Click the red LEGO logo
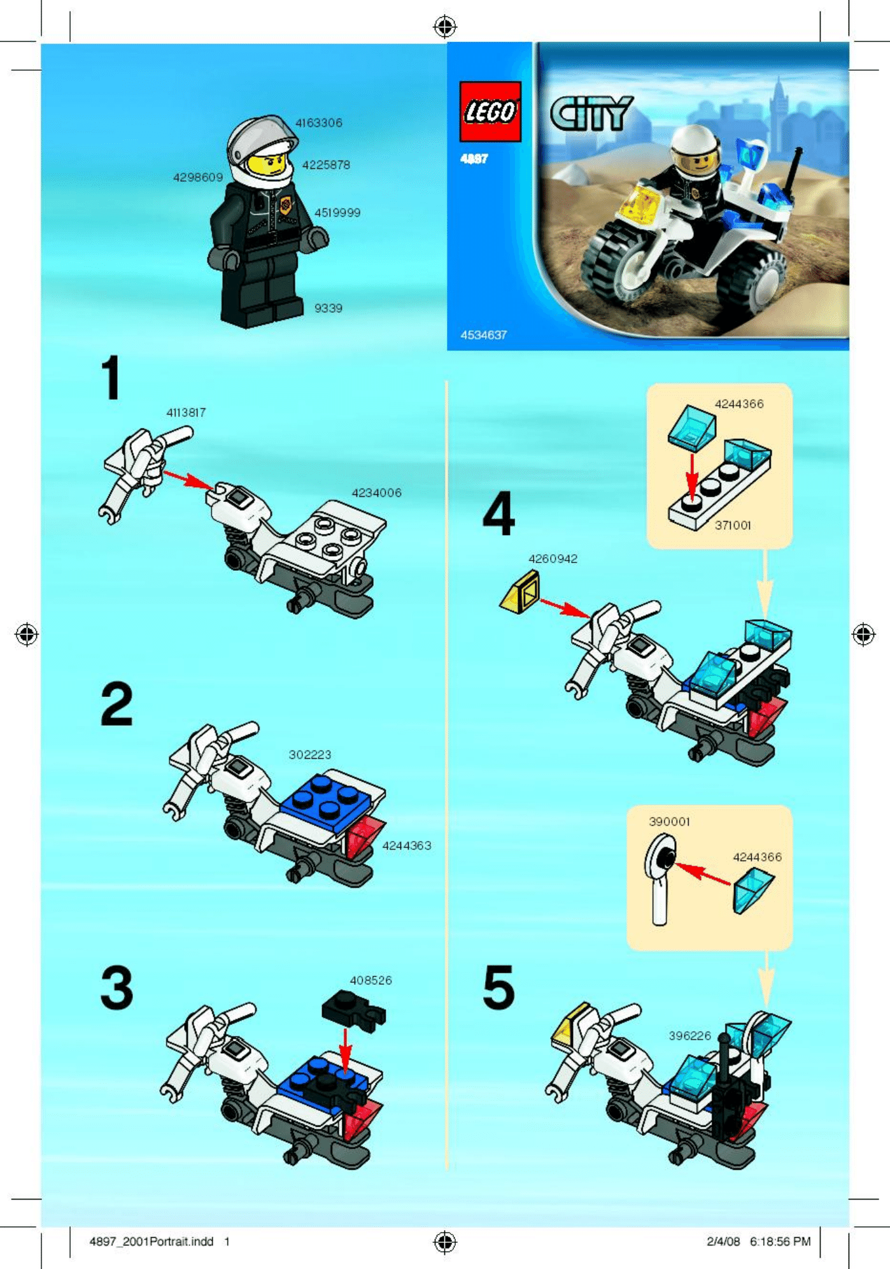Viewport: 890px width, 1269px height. tap(490, 111)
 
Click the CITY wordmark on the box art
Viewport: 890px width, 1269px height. tap(591, 113)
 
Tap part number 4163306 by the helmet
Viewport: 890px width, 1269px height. tap(318, 122)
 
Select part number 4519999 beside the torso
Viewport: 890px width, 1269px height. tap(337, 212)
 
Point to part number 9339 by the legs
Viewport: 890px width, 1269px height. tap(328, 308)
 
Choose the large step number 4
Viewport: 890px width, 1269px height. tap(498, 513)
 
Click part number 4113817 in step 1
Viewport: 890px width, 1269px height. tap(186, 413)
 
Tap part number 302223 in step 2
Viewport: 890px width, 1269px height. tap(310, 755)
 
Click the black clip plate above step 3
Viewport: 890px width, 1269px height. tap(353, 1008)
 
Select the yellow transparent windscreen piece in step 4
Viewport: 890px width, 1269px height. tap(520, 592)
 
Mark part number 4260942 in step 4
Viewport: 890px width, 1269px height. tap(553, 559)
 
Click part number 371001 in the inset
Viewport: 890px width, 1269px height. tap(732, 526)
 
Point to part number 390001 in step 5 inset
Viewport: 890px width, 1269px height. tap(669, 822)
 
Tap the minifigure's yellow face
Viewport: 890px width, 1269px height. tap(267, 164)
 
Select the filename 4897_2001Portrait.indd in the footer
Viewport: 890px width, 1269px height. tap(152, 1241)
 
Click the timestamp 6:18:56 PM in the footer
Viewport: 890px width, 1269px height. tap(780, 1241)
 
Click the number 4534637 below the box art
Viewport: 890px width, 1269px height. tap(484, 335)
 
